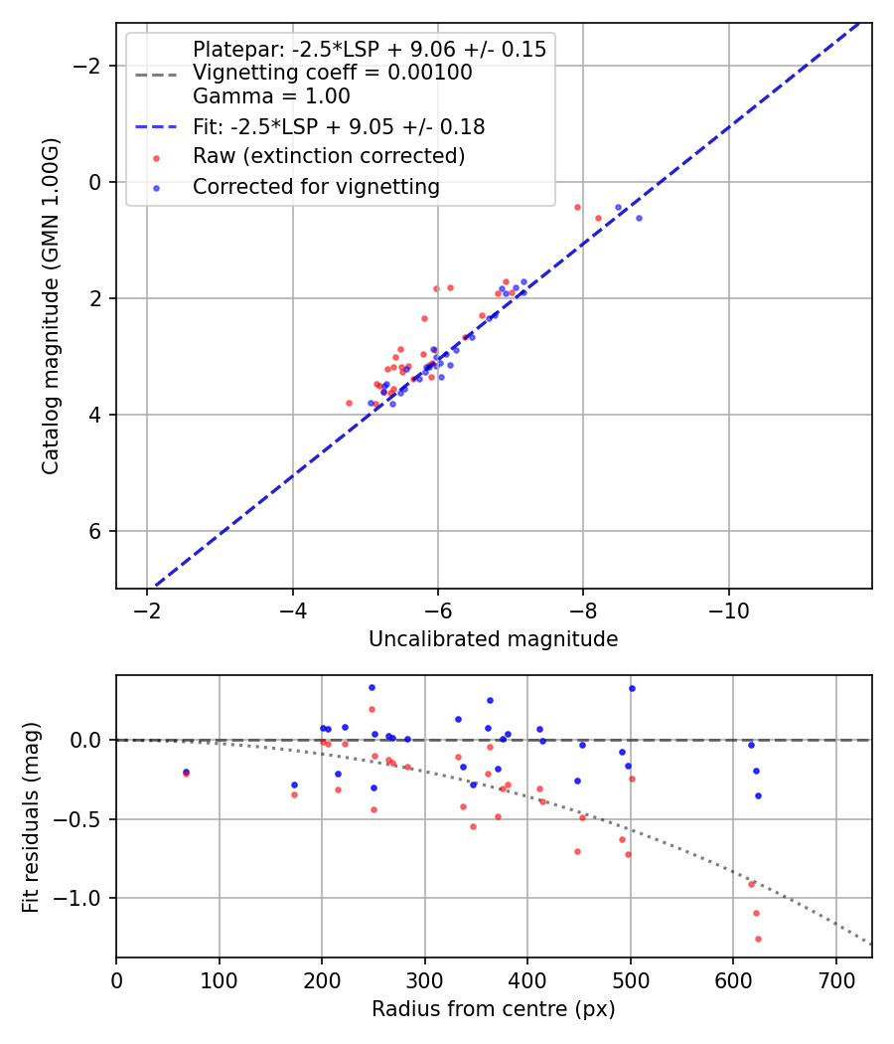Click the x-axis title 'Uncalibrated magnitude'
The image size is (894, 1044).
coord(493,639)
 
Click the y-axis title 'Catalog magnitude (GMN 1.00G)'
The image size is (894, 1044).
coord(51,306)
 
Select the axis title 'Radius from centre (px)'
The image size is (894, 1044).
coord(493,1009)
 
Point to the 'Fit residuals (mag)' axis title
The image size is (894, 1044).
coord(31,816)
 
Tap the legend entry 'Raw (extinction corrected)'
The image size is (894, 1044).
coord(328,156)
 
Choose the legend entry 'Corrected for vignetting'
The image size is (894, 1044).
coord(316,187)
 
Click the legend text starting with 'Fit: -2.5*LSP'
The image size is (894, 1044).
coord(338,127)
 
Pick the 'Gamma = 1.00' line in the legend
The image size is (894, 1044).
coord(271,96)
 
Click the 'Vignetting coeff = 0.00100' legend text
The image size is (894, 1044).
coord(332,73)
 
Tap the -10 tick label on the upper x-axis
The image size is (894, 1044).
coord(728,608)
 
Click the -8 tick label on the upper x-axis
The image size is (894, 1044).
coord(583,608)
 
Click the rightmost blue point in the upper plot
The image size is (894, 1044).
coord(639,218)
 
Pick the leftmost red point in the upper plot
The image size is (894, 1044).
coord(349,403)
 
